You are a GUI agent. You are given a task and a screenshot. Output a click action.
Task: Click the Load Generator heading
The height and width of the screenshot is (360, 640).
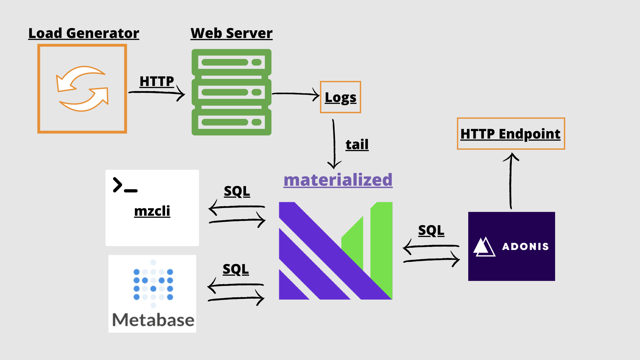point(84,33)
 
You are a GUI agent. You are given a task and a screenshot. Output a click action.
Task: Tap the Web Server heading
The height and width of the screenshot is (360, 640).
point(231,33)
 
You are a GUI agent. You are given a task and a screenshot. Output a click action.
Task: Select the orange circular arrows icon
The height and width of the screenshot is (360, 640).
point(83,89)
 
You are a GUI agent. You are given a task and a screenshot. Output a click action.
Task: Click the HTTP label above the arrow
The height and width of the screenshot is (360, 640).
point(157,81)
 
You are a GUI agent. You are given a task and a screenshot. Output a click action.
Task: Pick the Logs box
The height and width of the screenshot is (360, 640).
point(340,97)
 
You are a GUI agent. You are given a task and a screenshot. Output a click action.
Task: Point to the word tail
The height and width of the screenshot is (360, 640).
point(357,144)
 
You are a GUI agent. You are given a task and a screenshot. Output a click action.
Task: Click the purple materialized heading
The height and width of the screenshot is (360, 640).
point(338,180)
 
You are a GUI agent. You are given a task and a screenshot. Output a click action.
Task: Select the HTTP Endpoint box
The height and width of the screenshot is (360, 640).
point(511,133)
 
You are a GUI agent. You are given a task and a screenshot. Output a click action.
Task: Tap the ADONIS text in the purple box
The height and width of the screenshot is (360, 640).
point(525,247)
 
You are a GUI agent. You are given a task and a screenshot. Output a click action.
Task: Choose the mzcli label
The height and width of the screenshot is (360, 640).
point(152,211)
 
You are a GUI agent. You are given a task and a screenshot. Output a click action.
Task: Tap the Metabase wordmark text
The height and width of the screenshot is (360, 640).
point(153,320)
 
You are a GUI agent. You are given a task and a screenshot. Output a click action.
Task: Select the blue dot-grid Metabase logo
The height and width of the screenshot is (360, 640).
point(153,284)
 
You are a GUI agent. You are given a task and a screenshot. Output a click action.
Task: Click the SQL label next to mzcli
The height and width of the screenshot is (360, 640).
point(237,191)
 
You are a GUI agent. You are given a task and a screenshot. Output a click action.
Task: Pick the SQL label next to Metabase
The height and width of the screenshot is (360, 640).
point(236,269)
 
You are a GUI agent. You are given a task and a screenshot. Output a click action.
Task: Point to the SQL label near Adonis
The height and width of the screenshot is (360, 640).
point(431,230)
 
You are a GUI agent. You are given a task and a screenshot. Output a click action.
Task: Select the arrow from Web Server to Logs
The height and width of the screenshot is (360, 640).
point(296,94)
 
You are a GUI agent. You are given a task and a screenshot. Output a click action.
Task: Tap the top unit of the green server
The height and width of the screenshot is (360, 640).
point(231,62)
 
